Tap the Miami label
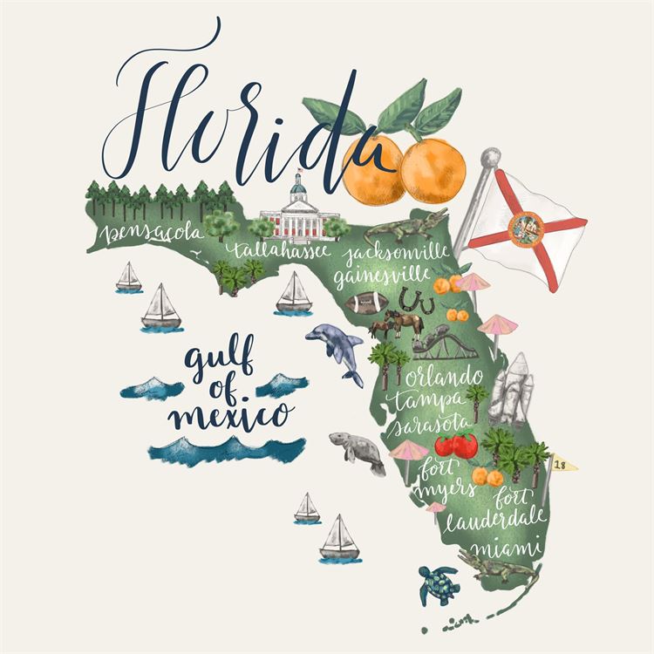tap(506, 550)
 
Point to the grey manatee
tap(358, 451)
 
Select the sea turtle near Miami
tap(439, 584)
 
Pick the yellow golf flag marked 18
tap(562, 467)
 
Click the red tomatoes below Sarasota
tap(456, 446)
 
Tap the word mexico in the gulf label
tap(231, 412)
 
